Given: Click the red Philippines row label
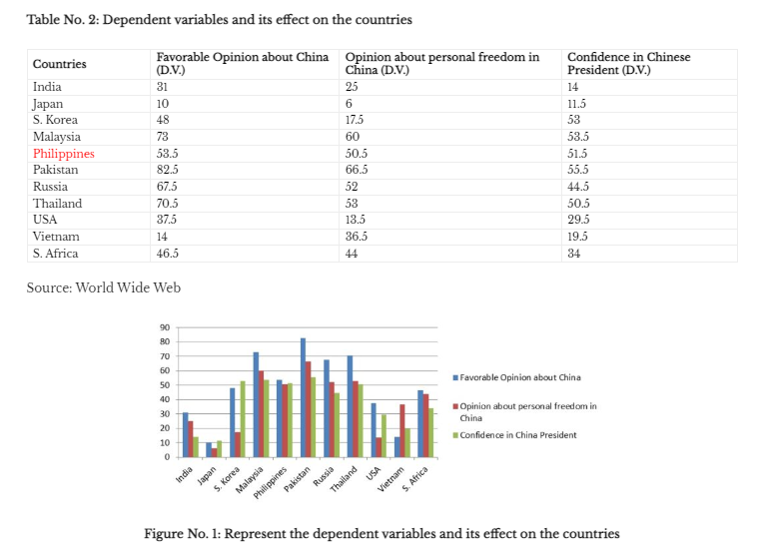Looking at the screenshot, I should [63, 154].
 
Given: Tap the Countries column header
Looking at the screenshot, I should [59, 64].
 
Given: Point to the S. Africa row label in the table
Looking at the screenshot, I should [58, 254].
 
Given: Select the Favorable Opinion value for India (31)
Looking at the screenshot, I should [163, 87].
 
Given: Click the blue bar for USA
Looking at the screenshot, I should [373, 430].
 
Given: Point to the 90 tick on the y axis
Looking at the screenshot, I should [164, 328].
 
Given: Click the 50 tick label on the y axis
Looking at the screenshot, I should [164, 385].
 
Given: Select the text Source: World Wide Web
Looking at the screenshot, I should [103, 287].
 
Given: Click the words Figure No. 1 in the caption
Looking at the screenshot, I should [182, 534].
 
